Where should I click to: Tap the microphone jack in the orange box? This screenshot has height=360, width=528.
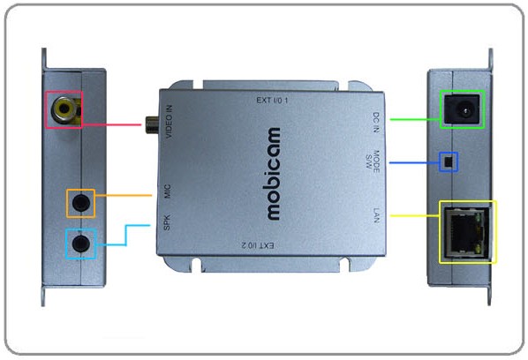tap(81, 203)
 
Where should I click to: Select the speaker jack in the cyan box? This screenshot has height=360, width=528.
tap(81, 244)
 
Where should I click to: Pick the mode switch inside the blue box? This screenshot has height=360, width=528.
tap(449, 162)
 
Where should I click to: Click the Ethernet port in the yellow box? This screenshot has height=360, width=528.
tap(466, 232)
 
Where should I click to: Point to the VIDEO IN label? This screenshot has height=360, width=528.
tap(169, 122)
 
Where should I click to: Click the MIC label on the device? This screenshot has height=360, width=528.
tap(168, 191)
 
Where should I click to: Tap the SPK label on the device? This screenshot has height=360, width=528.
tap(167, 222)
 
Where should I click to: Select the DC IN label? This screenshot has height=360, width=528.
tap(376, 123)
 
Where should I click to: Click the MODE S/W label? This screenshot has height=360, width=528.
tap(373, 161)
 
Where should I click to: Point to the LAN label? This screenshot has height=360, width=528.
tap(376, 215)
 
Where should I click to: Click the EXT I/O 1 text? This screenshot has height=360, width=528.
tap(272, 100)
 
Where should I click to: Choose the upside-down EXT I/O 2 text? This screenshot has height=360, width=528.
tap(259, 245)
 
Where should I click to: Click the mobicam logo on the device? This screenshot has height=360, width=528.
tap(274, 174)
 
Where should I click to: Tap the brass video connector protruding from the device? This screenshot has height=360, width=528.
tap(152, 124)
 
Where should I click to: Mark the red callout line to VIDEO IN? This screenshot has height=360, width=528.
tap(111, 124)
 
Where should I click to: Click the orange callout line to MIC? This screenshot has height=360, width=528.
tap(124, 195)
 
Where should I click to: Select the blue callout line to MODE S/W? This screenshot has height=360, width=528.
tap(414, 163)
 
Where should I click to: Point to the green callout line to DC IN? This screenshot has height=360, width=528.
tap(415, 119)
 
